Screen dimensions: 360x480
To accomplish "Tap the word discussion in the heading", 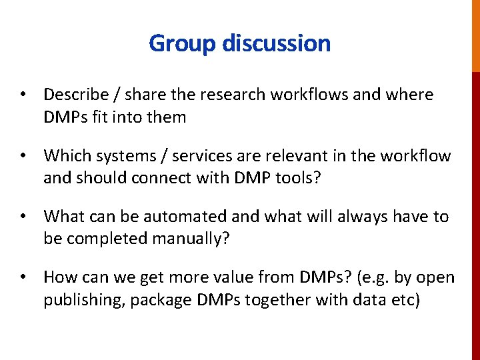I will tap(276, 43).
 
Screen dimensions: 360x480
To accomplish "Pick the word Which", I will tap(65, 156).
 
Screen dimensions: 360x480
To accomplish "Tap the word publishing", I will tap(85, 300).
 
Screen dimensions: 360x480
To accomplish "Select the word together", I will tap(279, 300).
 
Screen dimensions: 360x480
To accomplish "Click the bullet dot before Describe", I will tap(23, 95).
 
